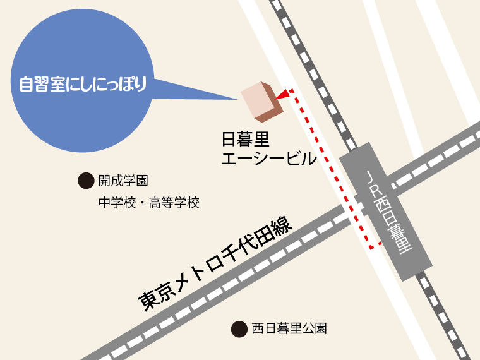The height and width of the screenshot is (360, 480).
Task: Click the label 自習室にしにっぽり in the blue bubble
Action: pos(83,84)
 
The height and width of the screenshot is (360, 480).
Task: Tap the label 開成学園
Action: pos(123,181)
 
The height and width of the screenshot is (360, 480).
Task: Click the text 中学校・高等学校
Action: pos(148,203)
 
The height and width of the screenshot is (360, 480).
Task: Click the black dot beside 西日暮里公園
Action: pos(238,328)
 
